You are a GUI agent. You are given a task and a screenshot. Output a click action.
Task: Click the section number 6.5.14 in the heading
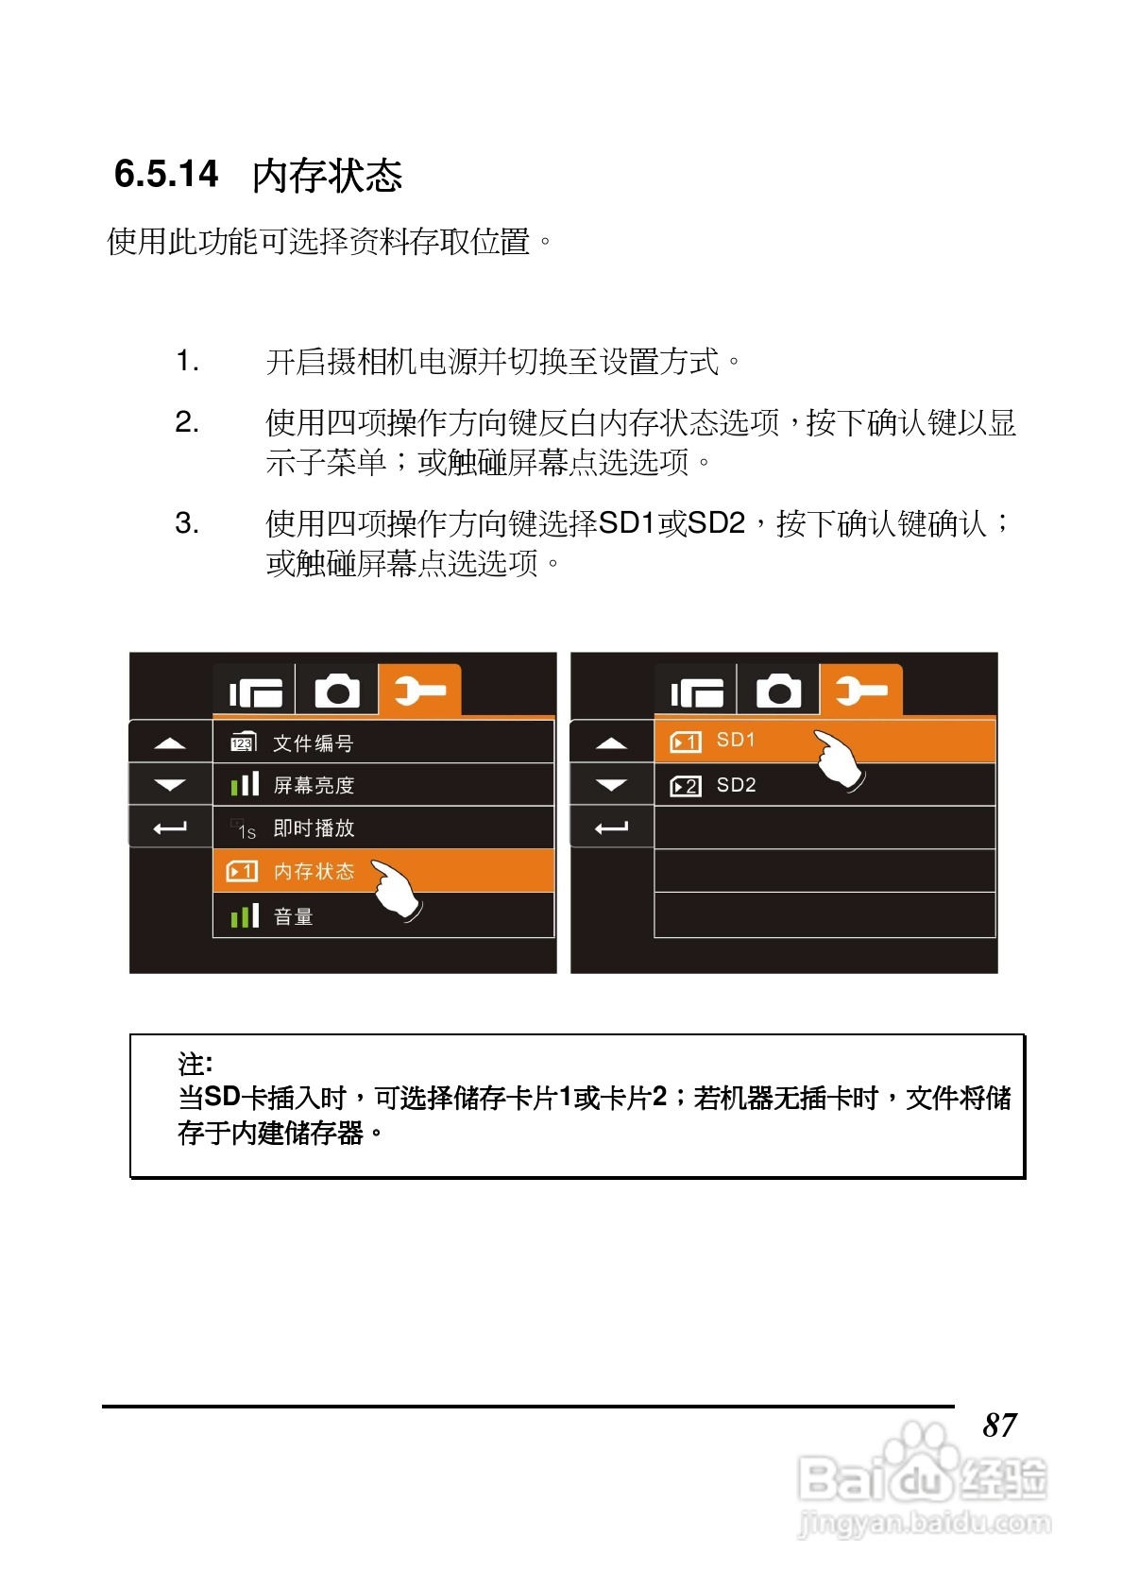[x=166, y=174]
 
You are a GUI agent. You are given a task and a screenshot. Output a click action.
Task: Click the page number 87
[x=999, y=1425]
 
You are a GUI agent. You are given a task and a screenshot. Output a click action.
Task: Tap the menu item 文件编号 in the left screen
[x=313, y=743]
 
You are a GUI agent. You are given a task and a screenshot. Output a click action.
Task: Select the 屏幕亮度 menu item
[x=314, y=785]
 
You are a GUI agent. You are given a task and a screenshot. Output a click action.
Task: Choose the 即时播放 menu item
[x=314, y=828]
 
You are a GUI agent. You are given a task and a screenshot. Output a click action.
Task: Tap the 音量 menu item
[x=293, y=916]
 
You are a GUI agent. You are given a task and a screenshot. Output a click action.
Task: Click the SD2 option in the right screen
[x=736, y=785]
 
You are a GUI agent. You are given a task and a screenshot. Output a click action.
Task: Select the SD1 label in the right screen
[x=736, y=740]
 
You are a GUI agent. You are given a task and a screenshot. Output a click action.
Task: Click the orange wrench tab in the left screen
[x=419, y=691]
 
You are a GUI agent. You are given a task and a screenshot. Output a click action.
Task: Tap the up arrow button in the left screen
[x=170, y=743]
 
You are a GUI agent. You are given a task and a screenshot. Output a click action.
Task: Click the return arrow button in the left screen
[x=170, y=828]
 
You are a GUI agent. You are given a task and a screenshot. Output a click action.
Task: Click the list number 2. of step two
[x=187, y=422]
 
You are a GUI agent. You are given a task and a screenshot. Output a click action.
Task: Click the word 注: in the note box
[x=195, y=1065]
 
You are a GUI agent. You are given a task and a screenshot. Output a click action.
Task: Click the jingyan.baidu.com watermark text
[x=924, y=1523]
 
